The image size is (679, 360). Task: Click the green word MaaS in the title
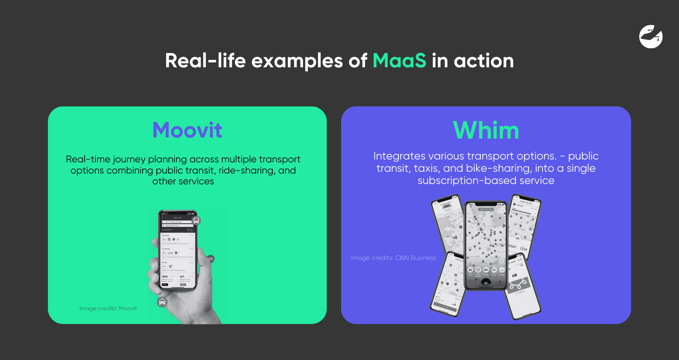point(399,60)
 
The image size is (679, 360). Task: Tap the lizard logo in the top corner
point(651,37)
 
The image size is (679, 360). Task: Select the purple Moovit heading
point(187,130)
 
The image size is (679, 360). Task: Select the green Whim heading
point(486,130)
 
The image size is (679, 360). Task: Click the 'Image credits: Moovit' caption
point(108,309)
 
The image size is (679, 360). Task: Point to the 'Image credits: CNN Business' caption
point(393,258)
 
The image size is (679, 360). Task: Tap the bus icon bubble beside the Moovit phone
point(196,221)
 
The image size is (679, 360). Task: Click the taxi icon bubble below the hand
point(162,302)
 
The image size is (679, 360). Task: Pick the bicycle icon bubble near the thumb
point(211,258)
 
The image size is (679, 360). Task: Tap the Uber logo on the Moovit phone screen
point(165,276)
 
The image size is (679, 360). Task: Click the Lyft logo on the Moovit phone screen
point(182,276)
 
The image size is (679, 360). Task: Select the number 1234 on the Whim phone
point(523,249)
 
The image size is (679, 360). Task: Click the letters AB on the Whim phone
point(515,275)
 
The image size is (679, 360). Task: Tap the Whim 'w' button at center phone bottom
point(486,283)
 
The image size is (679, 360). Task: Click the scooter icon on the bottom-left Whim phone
point(455,304)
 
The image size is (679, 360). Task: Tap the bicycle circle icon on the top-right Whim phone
point(518,238)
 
